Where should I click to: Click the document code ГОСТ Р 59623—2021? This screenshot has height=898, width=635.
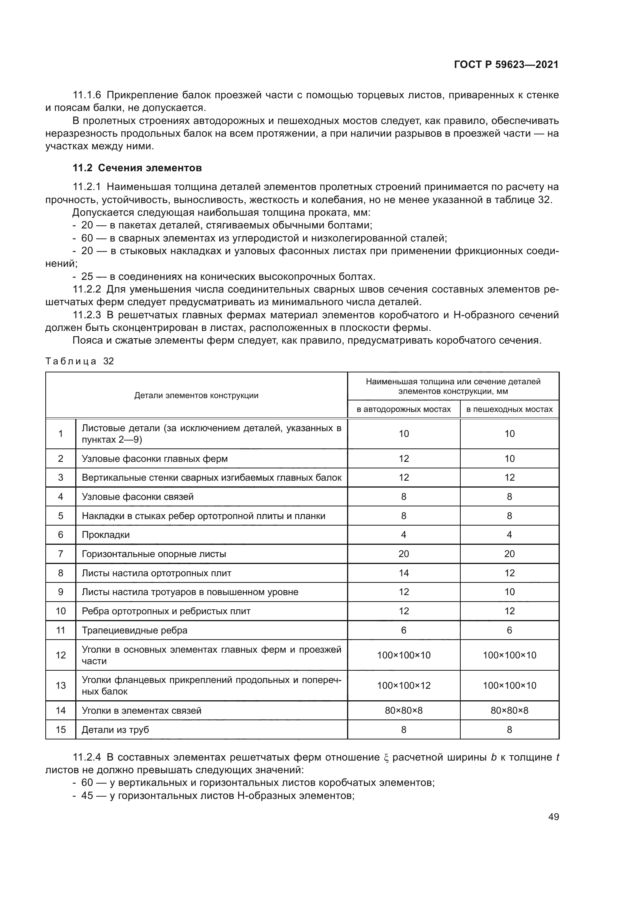(506, 65)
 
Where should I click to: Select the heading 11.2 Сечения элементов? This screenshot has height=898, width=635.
(137, 168)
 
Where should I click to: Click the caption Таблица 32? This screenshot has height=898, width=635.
(79, 361)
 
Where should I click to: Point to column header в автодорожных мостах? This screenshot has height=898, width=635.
(403, 409)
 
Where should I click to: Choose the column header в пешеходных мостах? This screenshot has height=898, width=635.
(509, 409)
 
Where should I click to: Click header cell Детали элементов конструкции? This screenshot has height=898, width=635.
(196, 395)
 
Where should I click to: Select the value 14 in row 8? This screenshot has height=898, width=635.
(403, 573)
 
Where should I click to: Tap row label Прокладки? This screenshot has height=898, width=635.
(106, 535)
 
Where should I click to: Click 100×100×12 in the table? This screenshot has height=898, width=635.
(403, 685)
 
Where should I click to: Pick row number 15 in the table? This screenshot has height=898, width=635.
(61, 729)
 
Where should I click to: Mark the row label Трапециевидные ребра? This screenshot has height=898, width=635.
(134, 630)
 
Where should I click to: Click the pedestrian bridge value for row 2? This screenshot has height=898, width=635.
(509, 458)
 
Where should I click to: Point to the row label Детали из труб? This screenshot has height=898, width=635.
(115, 729)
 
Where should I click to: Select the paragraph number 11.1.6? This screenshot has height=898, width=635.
(87, 95)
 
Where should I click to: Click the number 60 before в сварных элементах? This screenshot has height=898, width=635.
(87, 238)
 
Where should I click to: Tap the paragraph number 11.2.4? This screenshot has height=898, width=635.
(87, 757)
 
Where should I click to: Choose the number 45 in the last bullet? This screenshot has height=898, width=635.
(87, 795)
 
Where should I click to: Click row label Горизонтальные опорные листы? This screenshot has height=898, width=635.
(154, 554)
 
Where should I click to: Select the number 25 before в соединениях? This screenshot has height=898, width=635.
(87, 276)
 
